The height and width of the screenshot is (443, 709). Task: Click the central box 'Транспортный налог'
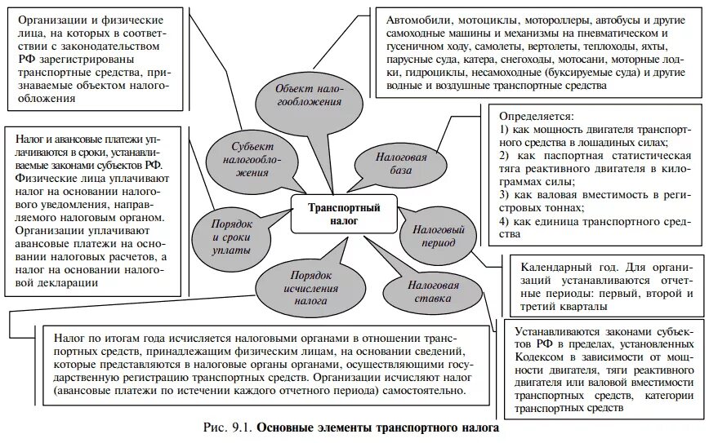coord(344,213)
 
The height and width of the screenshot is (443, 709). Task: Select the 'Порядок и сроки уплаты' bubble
coord(230,236)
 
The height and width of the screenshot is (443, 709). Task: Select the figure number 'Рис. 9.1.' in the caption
coord(230,427)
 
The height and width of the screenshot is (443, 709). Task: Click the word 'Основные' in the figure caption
coord(289,427)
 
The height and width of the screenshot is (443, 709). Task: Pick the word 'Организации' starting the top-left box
coord(53,20)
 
